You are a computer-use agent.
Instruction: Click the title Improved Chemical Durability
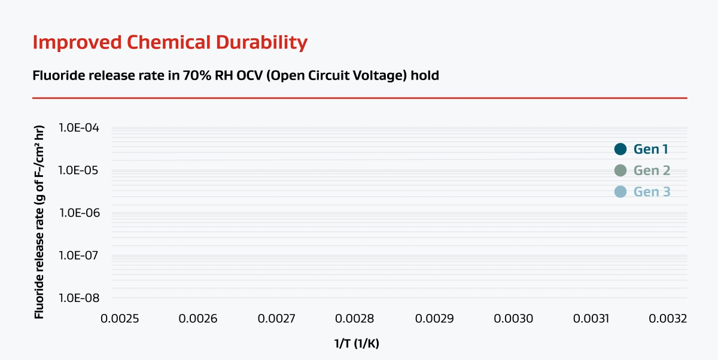pos(170,42)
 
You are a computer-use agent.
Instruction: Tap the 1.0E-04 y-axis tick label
pos(79,128)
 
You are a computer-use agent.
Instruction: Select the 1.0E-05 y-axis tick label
pos(79,170)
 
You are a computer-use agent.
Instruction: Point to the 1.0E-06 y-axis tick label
pos(79,213)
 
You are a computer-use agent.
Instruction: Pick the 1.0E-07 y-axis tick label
pos(79,255)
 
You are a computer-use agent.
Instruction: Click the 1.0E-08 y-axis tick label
pos(79,298)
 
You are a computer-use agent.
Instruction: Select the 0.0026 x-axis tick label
pos(199,318)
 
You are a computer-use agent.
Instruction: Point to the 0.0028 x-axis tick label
pos(356,318)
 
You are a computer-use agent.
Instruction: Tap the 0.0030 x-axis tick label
pos(513,318)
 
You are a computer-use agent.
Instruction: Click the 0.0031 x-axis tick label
pos(592,318)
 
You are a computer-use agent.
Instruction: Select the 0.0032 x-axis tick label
pos(668,318)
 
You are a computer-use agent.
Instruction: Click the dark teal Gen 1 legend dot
pos(620,150)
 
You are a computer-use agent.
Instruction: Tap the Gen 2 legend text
pos(652,170)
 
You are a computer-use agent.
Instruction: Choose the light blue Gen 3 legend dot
pos(620,192)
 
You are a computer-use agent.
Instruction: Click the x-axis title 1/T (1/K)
pos(357,344)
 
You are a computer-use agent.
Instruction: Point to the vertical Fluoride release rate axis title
pos(39,221)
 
